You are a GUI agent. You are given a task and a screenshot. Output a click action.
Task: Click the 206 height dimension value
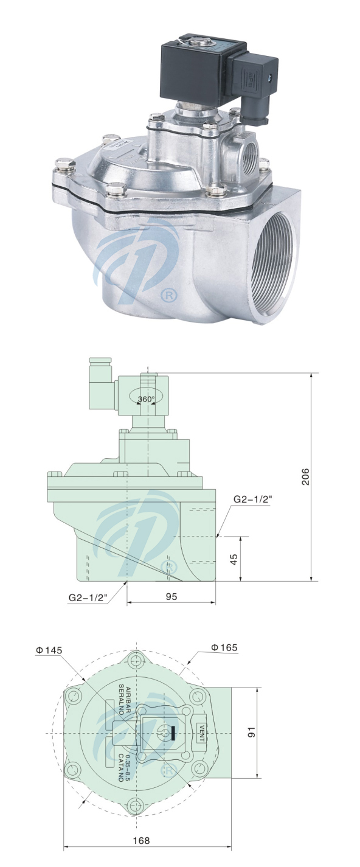point(306,477)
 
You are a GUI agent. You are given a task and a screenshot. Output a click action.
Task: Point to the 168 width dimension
point(141,840)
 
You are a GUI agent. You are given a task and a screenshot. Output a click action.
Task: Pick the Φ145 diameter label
point(49,650)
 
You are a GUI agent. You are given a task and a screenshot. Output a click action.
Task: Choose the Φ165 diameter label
point(223,647)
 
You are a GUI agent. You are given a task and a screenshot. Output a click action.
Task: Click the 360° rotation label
point(146,399)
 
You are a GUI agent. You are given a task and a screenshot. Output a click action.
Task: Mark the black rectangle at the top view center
point(173,733)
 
